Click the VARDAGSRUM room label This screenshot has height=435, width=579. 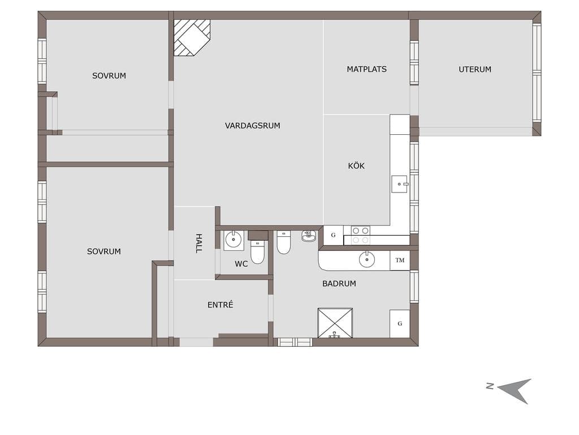(253, 126)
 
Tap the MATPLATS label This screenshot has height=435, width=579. (366, 69)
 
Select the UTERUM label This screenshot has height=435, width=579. (475, 69)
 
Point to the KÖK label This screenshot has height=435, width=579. (356, 166)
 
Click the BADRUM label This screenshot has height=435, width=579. (339, 284)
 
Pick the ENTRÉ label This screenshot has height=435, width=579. (221, 305)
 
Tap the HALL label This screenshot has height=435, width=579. (198, 244)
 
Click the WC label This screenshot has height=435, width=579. (241, 264)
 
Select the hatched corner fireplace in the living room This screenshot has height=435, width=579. (192, 38)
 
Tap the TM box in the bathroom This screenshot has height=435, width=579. (400, 261)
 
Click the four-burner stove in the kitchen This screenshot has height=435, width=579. (360, 235)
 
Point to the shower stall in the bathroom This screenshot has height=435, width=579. (335, 323)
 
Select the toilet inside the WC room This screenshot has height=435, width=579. (257, 251)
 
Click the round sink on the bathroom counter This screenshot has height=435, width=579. (367, 259)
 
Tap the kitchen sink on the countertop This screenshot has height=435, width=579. (400, 184)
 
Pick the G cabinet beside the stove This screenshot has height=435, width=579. (334, 235)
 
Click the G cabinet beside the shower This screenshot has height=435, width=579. (400, 323)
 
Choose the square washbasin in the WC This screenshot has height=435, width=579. (234, 240)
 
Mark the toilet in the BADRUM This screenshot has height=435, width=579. (284, 242)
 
